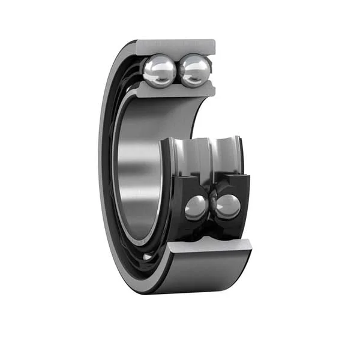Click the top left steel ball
pos(160,71)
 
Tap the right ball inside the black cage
pos(228,206)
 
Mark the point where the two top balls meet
pos(177,71)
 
